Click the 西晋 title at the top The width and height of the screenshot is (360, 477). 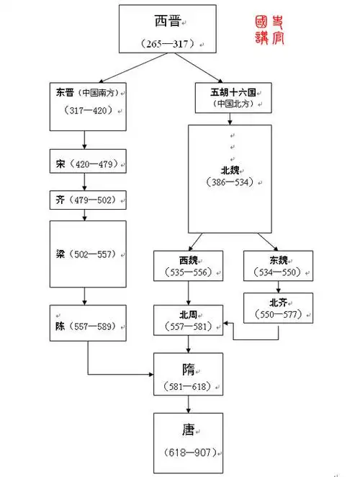(168, 21)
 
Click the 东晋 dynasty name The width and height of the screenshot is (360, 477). (64, 92)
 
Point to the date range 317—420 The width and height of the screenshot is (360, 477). (85, 112)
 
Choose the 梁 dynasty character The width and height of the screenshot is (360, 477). (63, 254)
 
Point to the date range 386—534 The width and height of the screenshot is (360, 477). (230, 182)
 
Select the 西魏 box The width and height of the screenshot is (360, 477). (189, 265)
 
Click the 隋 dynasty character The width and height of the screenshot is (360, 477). (189, 368)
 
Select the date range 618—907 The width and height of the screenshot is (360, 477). (189, 452)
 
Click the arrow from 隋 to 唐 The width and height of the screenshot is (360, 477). (189, 404)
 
